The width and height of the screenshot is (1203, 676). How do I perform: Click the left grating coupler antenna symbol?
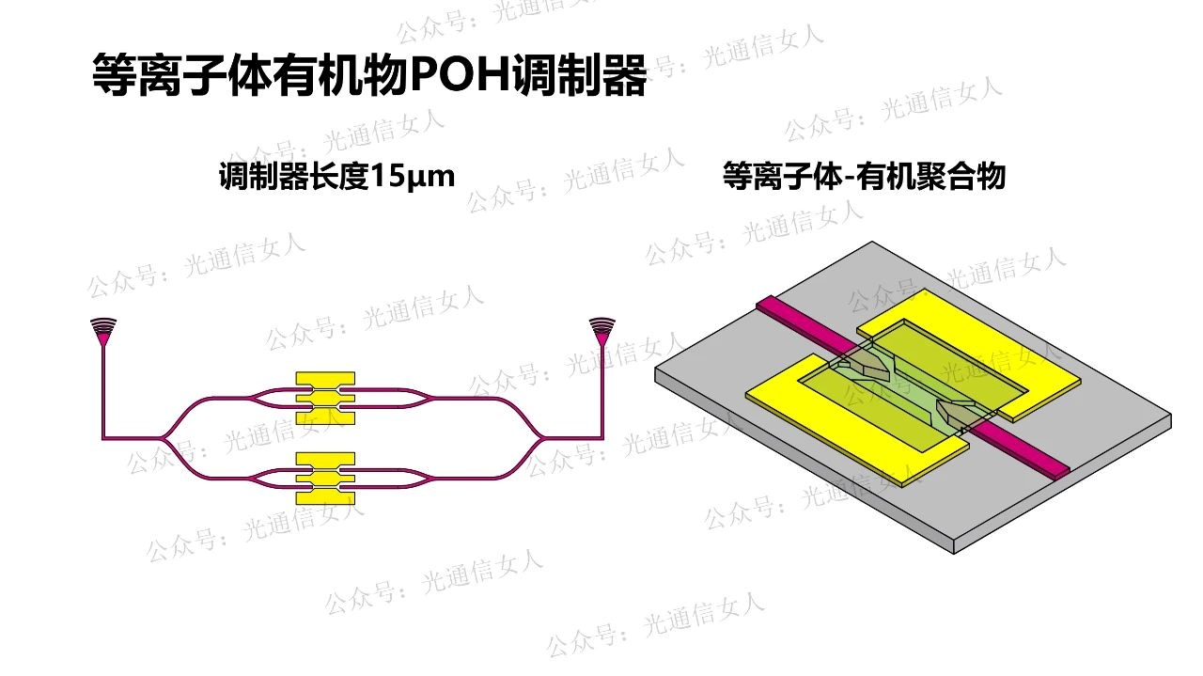point(103,329)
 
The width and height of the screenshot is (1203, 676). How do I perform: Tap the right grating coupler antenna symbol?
point(601,329)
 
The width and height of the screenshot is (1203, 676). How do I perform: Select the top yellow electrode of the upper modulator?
point(325,378)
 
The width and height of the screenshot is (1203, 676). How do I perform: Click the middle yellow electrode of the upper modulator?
point(325,399)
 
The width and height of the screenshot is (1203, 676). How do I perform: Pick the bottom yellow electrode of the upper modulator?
point(325,418)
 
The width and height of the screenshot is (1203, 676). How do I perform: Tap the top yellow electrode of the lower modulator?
point(325,459)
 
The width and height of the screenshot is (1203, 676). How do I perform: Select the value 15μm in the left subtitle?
point(414,176)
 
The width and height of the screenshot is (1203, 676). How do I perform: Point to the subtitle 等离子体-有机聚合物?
point(864,176)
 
